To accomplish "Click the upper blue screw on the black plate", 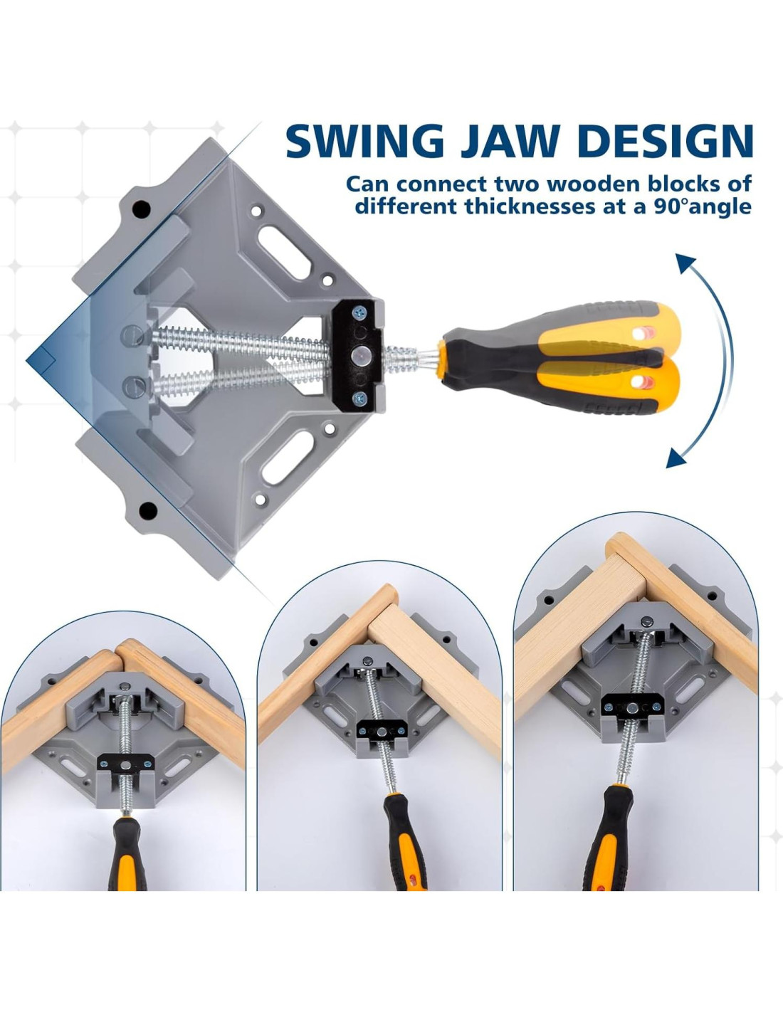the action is click(x=359, y=313).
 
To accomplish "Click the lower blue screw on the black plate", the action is click(x=359, y=399).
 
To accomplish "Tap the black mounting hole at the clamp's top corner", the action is click(x=141, y=209).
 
